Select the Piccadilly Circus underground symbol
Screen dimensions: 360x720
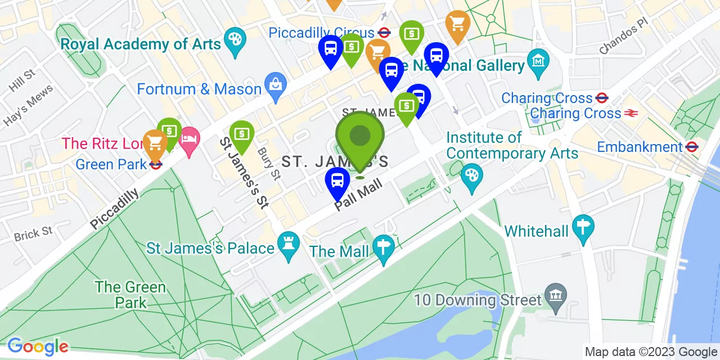(385, 33)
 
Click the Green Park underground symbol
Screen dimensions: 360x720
(156, 165)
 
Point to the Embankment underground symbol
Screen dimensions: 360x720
(692, 147)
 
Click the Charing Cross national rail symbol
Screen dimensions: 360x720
(631, 113)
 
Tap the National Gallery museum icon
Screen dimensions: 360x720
(538, 60)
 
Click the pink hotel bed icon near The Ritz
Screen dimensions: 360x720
(190, 137)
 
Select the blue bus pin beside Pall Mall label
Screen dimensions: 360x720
(337, 181)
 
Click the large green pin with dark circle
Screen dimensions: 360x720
(360, 136)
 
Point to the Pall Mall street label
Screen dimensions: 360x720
(358, 195)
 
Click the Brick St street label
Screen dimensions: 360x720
(33, 233)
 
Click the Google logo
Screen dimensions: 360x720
(38, 346)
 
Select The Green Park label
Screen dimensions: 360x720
(130, 294)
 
